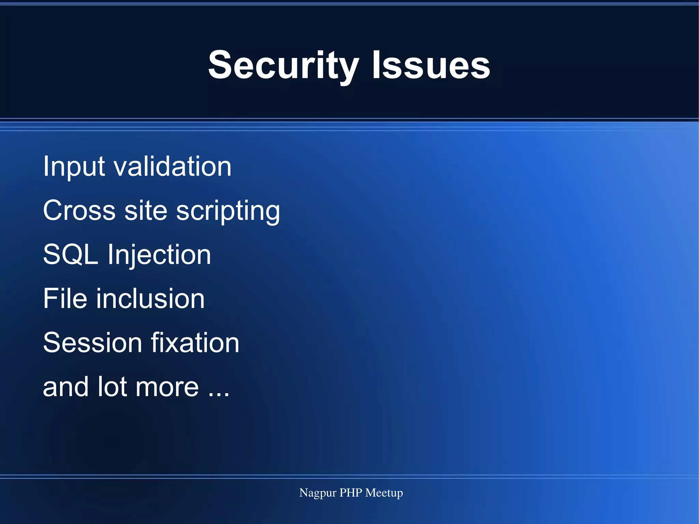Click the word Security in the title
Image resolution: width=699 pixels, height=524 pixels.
pyautogui.click(x=283, y=65)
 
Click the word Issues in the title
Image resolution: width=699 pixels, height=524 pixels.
pyautogui.click(x=431, y=65)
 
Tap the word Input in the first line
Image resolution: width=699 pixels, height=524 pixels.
pyautogui.click(x=74, y=167)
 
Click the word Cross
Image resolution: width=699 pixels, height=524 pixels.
pyautogui.click(x=79, y=210)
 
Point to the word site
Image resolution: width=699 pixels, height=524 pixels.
pyautogui.click(x=146, y=210)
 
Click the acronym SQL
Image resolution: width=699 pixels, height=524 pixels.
pyautogui.click(x=70, y=255)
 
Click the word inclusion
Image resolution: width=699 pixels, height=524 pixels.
pyautogui.click(x=150, y=298)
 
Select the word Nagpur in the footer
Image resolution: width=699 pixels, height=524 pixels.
pyautogui.click(x=317, y=493)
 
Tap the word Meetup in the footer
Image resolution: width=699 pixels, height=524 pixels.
pyautogui.click(x=384, y=493)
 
